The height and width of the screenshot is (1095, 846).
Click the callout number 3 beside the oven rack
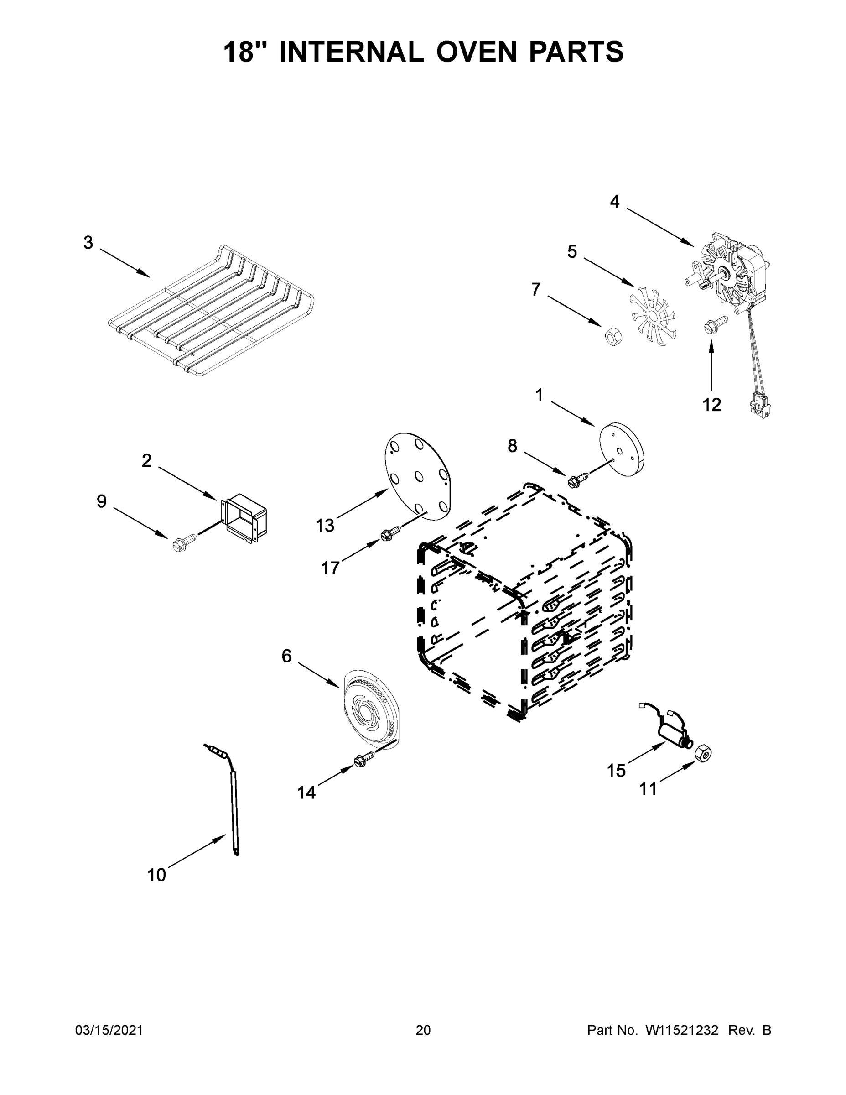(x=88, y=243)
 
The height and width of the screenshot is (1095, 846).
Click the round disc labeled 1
(x=622, y=449)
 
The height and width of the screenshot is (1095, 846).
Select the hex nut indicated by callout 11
(x=703, y=752)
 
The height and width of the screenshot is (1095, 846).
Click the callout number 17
(x=330, y=568)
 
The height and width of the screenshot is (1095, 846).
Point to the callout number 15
(x=617, y=770)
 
